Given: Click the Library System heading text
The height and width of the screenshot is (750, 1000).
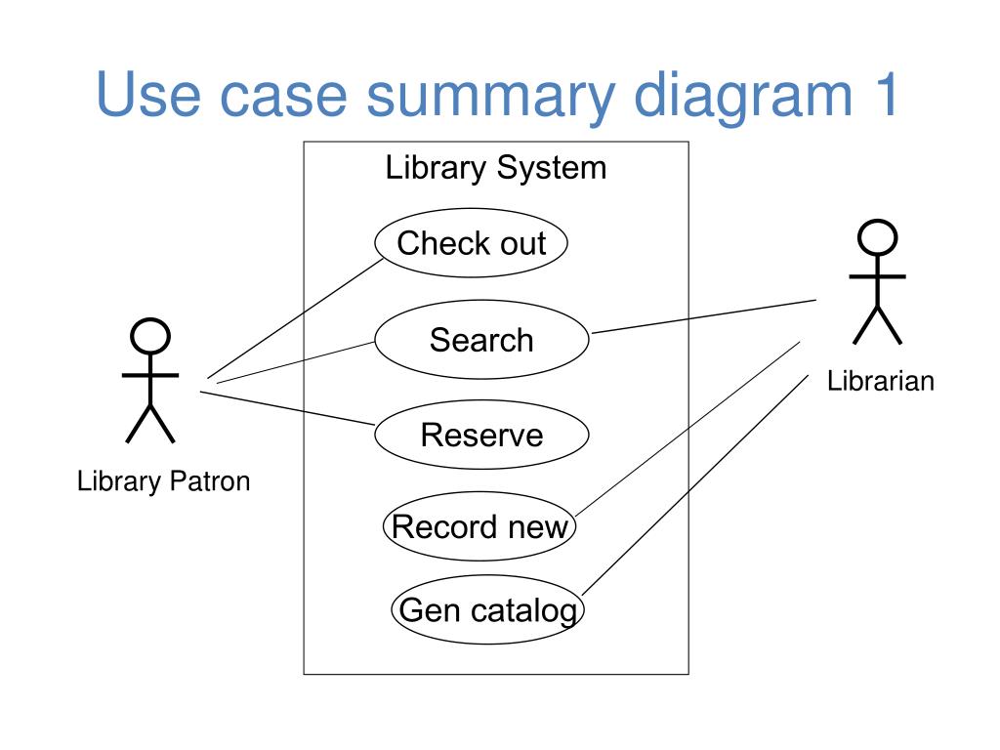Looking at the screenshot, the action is tap(495, 168).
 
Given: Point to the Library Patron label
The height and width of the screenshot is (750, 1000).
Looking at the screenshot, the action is tap(163, 481).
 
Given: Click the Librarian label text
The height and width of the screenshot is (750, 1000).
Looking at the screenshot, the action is tap(881, 381).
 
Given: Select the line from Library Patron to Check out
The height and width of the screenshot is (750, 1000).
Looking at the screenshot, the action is tap(295, 319).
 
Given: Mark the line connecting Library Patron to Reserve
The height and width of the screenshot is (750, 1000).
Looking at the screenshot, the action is tap(287, 408).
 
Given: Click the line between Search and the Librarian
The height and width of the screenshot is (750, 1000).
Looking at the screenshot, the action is tap(704, 316).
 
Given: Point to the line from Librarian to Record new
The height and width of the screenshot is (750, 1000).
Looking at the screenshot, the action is tap(687, 430).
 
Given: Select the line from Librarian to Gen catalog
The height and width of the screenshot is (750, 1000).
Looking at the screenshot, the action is tap(695, 485).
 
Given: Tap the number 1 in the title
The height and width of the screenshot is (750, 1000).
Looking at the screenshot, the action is tap(887, 94).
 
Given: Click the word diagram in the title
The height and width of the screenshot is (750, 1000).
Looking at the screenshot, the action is tap(743, 96).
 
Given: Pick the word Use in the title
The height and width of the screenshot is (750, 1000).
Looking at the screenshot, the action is tap(148, 94).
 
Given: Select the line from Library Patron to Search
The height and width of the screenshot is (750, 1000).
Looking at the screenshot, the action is tap(296, 362).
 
